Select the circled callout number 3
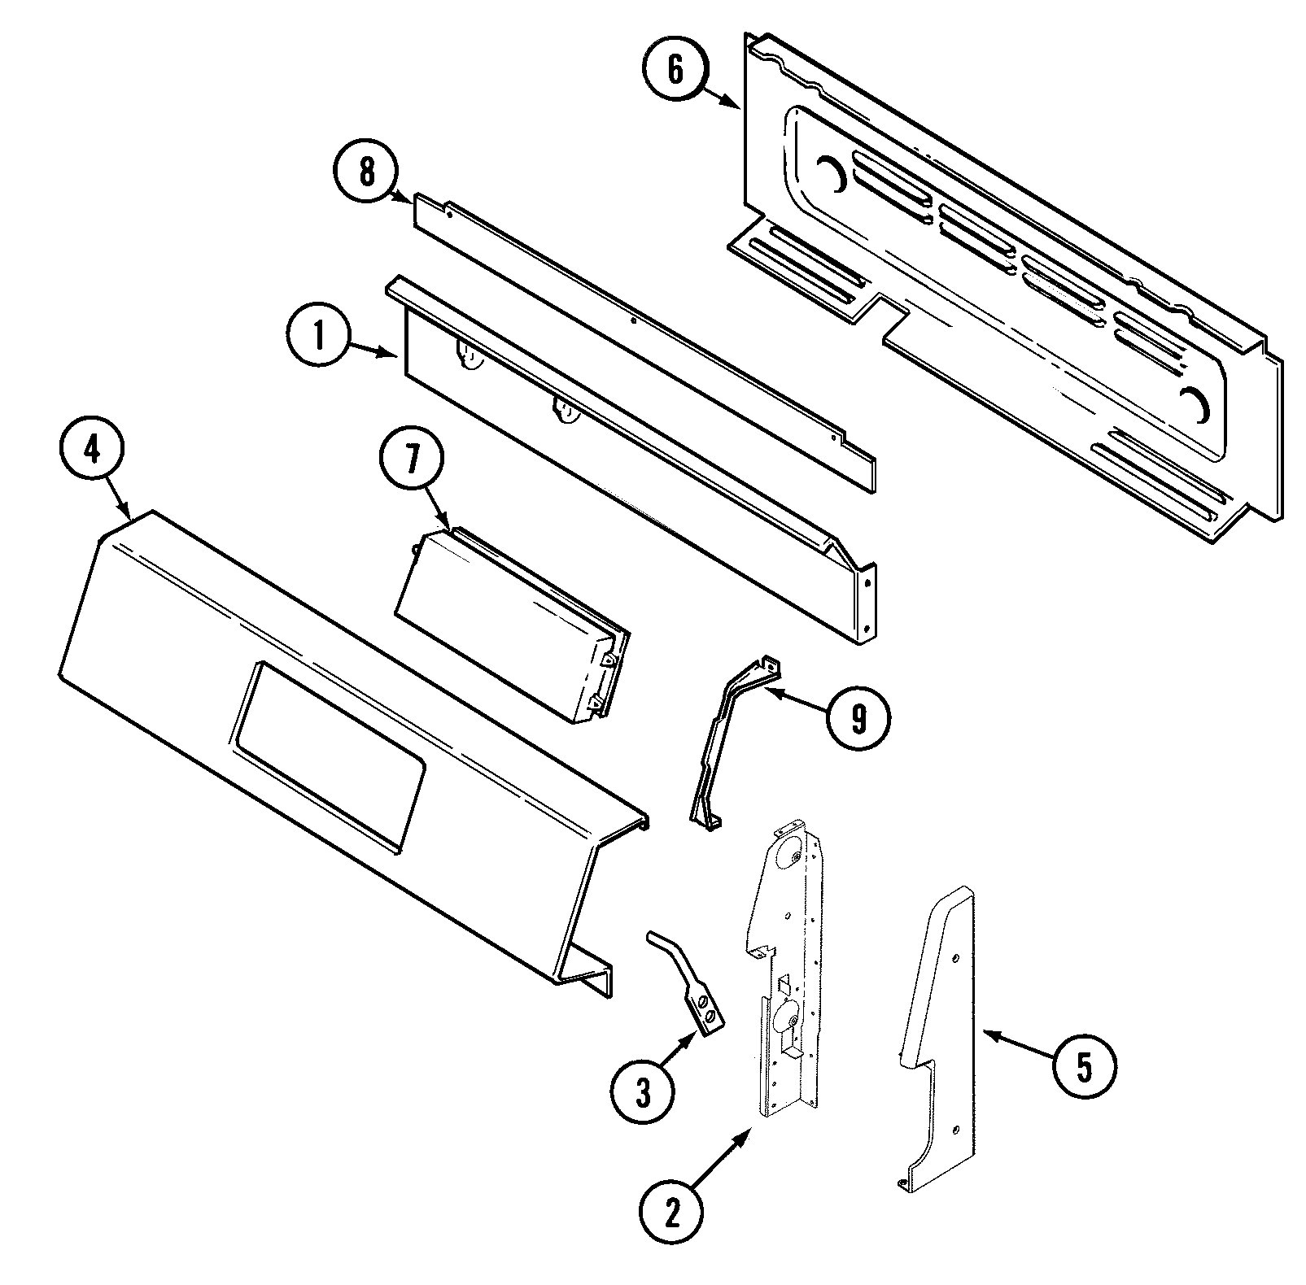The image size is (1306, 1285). (643, 1094)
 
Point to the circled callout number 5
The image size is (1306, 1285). (1085, 1068)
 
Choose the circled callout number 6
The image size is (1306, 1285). (675, 70)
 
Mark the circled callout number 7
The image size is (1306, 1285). (412, 461)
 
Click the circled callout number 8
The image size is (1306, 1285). (366, 172)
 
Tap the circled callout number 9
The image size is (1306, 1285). (858, 717)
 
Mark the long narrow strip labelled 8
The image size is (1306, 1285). (643, 342)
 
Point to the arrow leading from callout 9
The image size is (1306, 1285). (797, 702)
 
